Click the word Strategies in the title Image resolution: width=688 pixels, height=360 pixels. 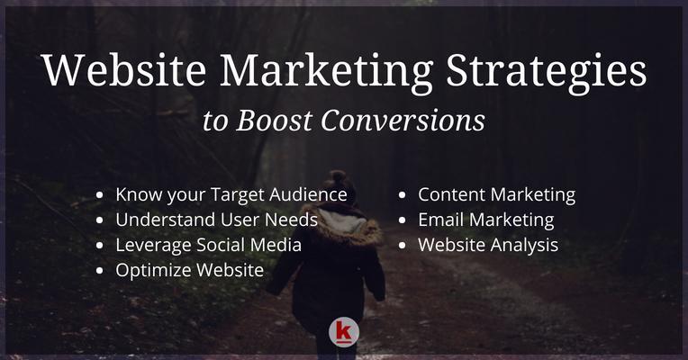point(547,71)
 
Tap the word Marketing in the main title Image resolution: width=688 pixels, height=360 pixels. point(327,71)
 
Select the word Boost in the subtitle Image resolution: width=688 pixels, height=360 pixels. point(275,120)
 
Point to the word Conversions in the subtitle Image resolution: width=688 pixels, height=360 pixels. point(403,120)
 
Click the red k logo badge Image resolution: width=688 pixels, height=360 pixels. point(344,332)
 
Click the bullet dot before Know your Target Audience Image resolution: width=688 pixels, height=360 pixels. point(100,194)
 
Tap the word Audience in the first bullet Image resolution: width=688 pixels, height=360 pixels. point(308,194)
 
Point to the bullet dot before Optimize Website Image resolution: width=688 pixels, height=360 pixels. point(100,271)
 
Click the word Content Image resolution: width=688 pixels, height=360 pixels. point(451,194)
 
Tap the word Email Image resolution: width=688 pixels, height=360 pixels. point(441,220)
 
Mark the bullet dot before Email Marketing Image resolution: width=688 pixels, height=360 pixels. point(403,220)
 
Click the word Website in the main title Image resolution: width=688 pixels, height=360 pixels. point(124,70)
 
